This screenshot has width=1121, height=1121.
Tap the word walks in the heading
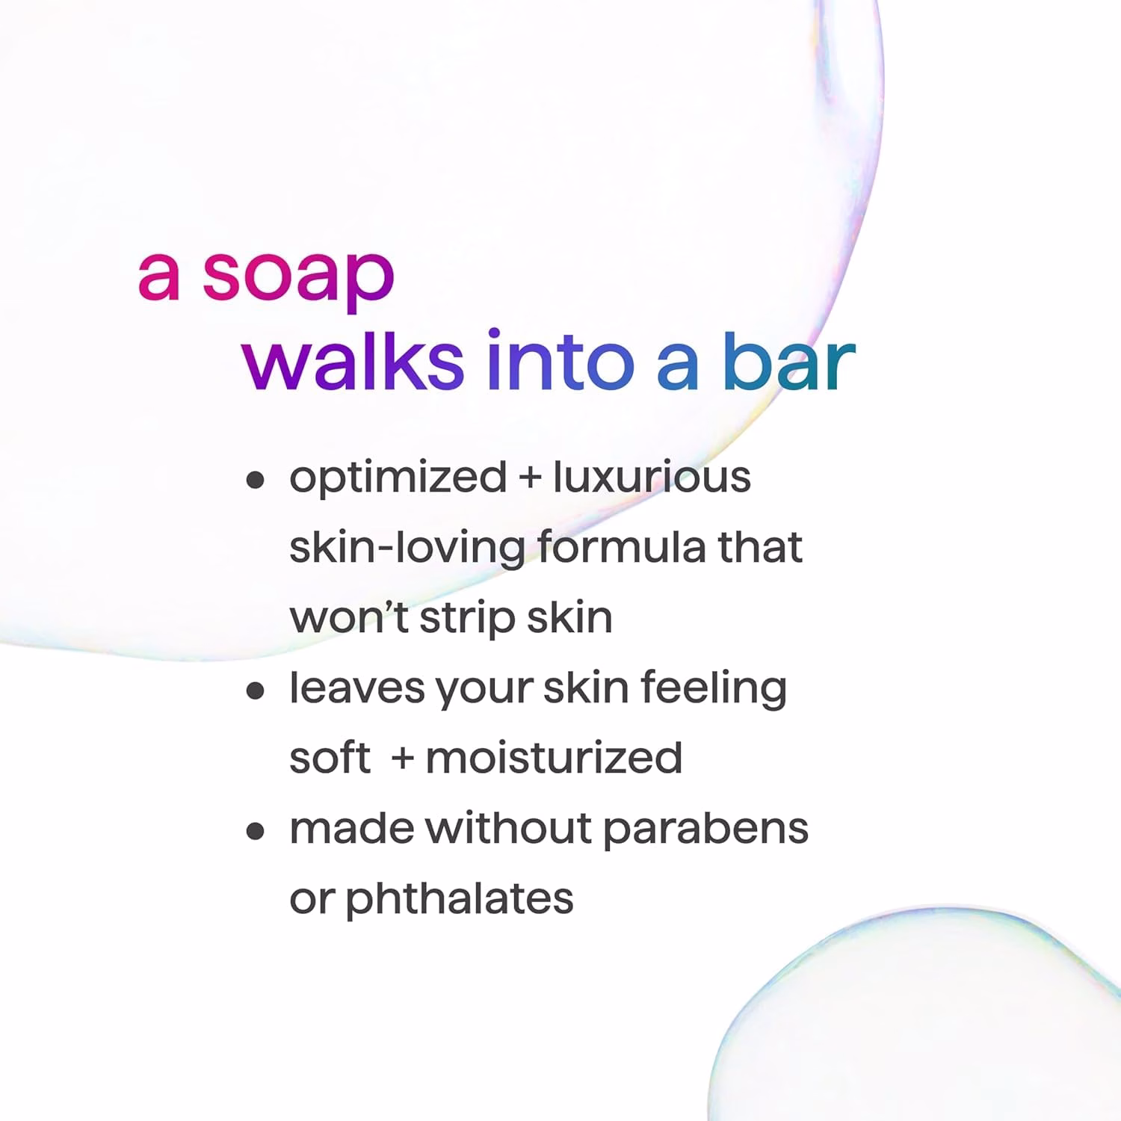(353, 360)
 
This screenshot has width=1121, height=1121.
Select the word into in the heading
(560, 360)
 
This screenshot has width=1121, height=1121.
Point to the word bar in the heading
(789, 360)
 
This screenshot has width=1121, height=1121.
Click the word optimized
(398, 479)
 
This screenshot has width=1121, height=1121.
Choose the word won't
(349, 617)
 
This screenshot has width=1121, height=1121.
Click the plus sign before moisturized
(403, 759)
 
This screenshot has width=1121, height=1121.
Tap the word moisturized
(554, 757)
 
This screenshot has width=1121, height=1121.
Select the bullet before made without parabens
(256, 830)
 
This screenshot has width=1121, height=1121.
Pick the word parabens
(705, 829)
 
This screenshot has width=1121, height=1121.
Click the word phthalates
(460, 899)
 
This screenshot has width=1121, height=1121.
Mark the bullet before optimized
(256, 479)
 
